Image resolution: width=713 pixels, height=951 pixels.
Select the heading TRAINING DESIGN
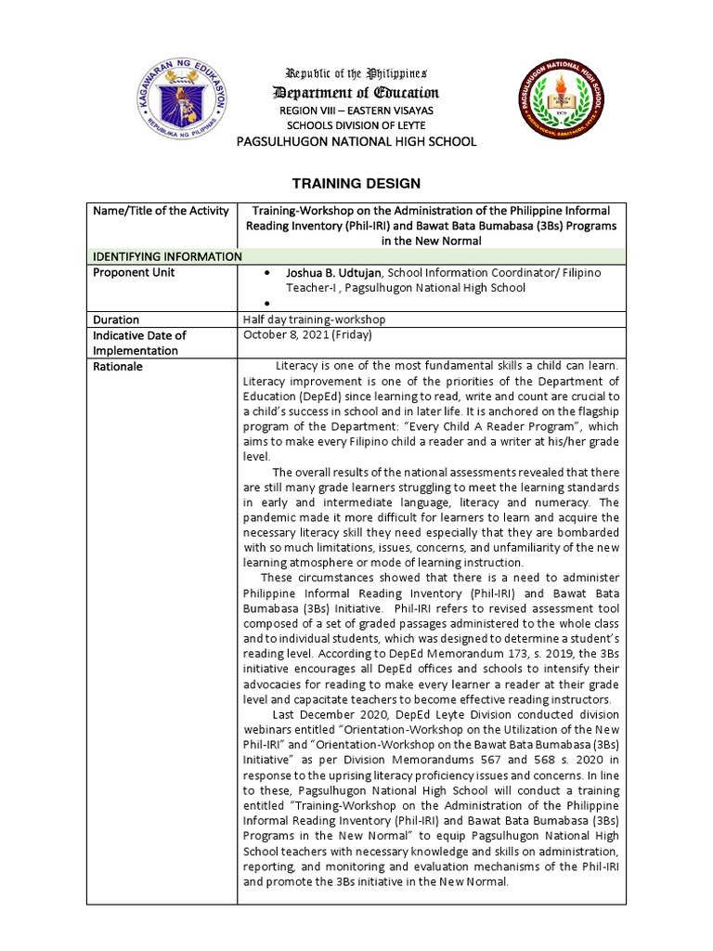point(356,184)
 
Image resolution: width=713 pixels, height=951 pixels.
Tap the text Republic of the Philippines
point(356,73)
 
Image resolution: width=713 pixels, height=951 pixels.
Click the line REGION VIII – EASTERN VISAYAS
point(356,111)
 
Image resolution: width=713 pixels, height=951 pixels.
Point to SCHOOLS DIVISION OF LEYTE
point(356,125)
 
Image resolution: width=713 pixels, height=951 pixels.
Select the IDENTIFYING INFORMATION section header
point(165,256)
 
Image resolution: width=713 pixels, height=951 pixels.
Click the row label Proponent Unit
point(134,272)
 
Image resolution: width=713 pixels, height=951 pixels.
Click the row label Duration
point(116,319)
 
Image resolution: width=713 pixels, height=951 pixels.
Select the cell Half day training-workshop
point(314,319)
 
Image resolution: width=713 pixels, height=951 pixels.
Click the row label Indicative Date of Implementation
point(139,343)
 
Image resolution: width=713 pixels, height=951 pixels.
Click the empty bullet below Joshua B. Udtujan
point(267,304)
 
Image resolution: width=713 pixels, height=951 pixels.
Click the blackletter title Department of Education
point(356,92)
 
